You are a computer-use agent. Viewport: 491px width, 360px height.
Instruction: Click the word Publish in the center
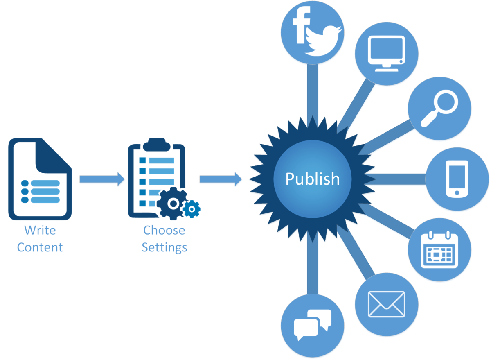[312, 179]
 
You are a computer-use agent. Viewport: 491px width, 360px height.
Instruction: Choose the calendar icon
[439, 249]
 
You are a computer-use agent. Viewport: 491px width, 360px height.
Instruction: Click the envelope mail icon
[386, 304]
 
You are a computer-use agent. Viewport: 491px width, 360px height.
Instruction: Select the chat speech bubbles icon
[313, 324]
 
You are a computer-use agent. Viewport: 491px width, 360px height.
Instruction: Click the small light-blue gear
[191, 209]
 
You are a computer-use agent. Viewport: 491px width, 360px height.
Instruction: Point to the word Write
[40, 230]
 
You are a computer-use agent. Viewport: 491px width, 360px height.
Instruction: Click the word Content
[40, 248]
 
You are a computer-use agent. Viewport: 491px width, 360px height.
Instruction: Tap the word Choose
[164, 230]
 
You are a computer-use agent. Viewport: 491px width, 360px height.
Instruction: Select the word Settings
[164, 248]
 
